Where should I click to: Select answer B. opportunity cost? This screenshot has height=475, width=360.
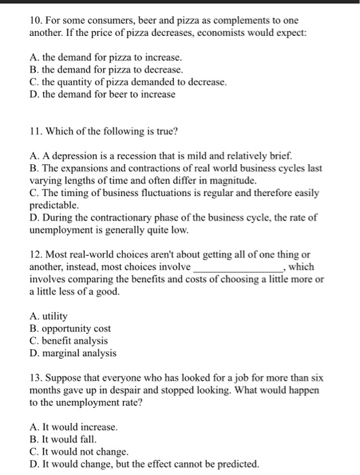point(71,328)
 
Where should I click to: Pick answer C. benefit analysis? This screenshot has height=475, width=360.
point(69,341)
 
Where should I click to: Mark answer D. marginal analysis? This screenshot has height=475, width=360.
point(73,353)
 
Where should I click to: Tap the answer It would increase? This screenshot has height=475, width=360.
point(74,427)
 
